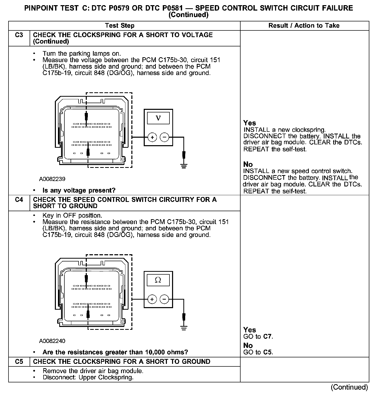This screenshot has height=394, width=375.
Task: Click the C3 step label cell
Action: coord(19,35)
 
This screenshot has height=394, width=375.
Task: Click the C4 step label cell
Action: coord(19,200)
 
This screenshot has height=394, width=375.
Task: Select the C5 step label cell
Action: coord(19,362)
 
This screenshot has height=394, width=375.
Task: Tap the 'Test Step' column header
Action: coord(120,26)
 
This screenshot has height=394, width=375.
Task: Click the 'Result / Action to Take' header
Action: coord(304,26)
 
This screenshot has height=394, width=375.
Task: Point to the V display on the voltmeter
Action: coord(158,118)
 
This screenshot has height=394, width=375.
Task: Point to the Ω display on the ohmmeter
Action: coord(158,280)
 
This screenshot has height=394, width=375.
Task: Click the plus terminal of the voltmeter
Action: coord(152,137)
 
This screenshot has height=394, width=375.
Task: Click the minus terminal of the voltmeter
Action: coord(165,137)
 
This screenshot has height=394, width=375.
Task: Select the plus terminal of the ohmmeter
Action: coord(152,299)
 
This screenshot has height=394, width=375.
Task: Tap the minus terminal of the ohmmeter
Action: coord(165,299)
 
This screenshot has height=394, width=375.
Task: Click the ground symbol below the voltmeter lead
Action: coord(184,166)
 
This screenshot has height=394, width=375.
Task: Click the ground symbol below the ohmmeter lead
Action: coord(184,328)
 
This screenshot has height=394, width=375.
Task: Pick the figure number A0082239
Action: coord(52,179)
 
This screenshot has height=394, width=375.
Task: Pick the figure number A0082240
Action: coord(52,341)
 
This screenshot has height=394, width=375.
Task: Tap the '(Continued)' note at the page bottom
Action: coord(349,387)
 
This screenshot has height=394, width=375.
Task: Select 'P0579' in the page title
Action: coord(118,8)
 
